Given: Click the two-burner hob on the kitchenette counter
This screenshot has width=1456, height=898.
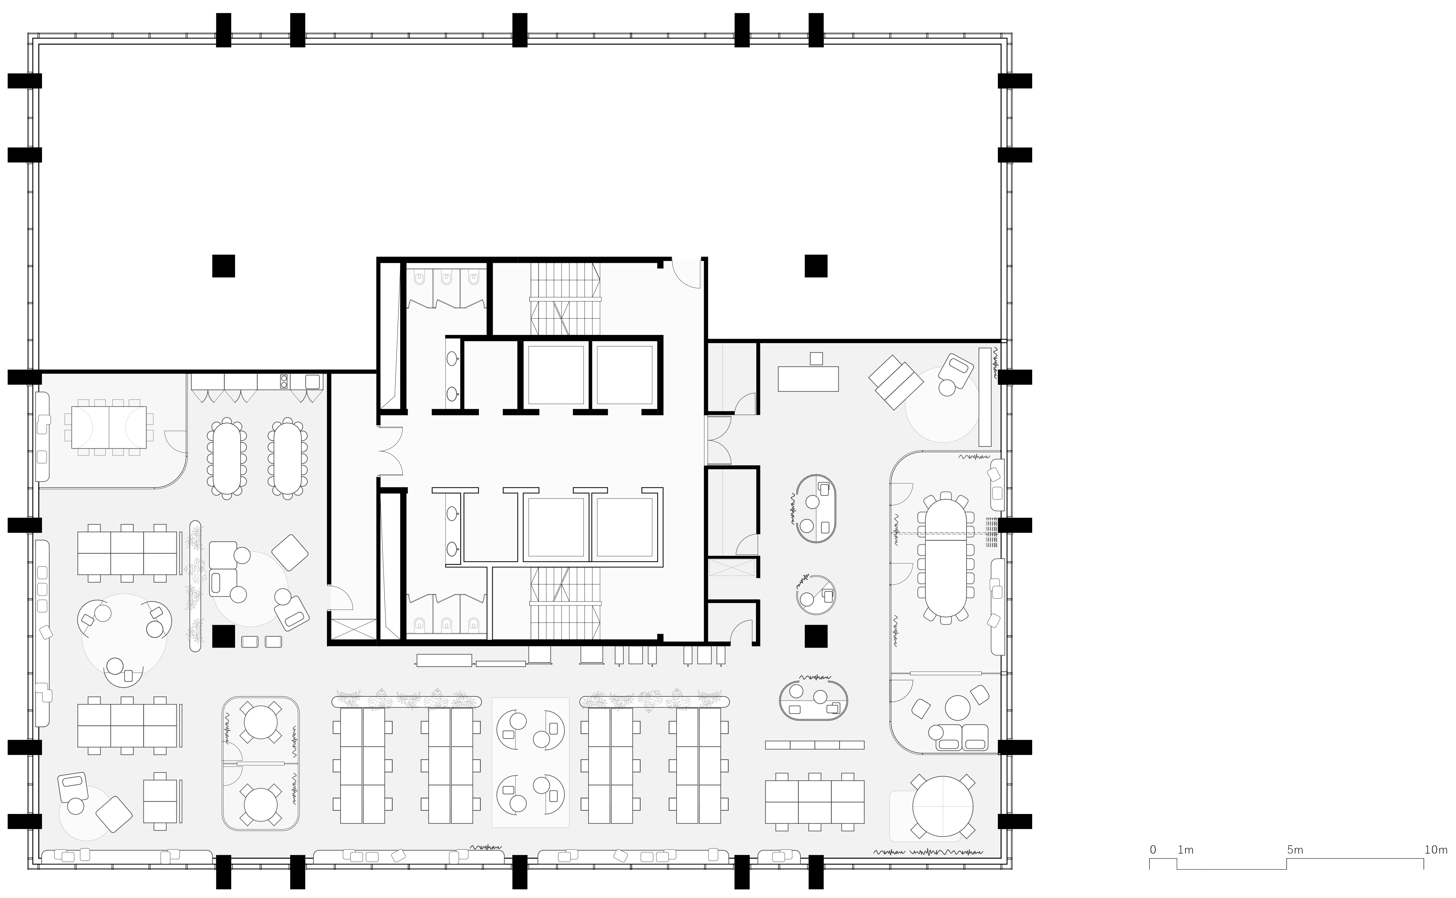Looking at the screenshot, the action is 284,381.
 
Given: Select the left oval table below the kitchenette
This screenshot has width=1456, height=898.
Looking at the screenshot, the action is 226,457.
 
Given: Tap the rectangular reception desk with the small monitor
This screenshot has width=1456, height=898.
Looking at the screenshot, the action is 808,378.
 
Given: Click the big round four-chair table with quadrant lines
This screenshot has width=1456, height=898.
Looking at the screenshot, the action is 942,807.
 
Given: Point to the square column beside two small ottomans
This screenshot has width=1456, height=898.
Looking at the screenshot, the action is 223,637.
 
